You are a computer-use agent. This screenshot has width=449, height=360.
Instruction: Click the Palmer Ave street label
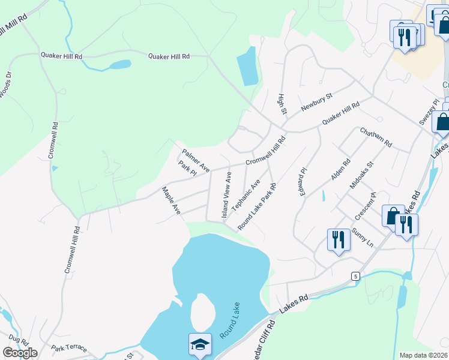point(196,160)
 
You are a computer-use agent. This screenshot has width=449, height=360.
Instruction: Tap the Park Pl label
point(188,167)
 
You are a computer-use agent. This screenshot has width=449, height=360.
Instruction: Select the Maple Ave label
point(171,200)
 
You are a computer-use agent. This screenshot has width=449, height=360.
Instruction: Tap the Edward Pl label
point(303,181)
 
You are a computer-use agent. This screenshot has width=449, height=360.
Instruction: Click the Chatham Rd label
point(376,138)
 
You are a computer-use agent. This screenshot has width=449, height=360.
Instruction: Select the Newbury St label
point(316,97)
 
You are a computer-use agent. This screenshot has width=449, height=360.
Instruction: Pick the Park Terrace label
point(69,349)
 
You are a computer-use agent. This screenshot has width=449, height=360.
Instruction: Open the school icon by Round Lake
point(200,344)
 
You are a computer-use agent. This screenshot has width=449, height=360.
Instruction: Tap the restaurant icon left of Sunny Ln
point(338,240)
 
